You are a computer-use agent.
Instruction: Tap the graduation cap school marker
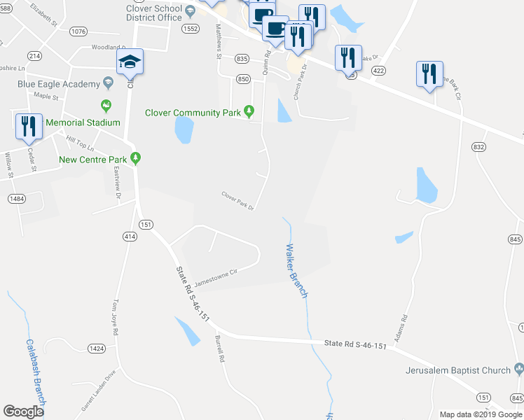130,63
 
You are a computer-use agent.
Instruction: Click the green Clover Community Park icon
249,111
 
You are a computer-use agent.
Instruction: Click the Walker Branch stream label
297,270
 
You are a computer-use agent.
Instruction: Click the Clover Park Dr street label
236,200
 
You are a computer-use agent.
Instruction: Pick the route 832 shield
479,147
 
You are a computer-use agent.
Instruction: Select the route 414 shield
130,237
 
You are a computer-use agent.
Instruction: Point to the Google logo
24,412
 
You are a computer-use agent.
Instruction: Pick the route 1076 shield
78,31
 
